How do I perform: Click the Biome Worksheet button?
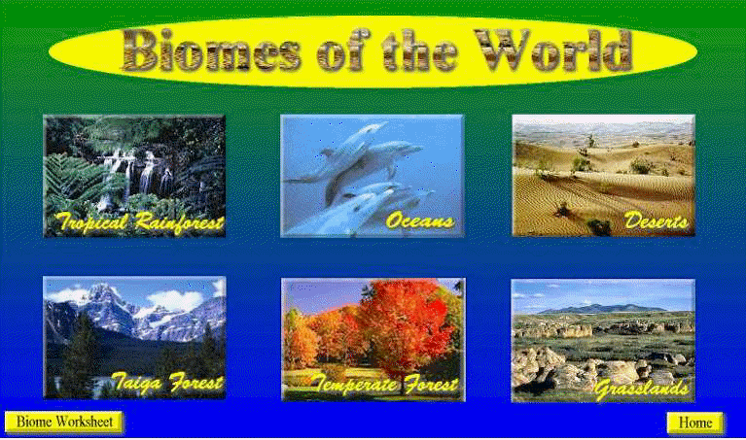(x=64, y=422)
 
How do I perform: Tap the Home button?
(x=695, y=423)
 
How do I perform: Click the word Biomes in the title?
(x=211, y=51)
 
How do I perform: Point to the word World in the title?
(x=552, y=51)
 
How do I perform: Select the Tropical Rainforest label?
(x=139, y=222)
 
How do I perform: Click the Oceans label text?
(x=419, y=220)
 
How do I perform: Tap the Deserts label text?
(x=656, y=220)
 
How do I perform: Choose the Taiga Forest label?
(x=167, y=383)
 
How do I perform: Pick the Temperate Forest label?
(x=385, y=384)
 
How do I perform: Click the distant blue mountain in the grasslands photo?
(x=602, y=309)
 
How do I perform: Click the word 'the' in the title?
(x=420, y=51)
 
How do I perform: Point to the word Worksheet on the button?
(x=84, y=422)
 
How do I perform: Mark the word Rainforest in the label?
(x=179, y=222)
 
